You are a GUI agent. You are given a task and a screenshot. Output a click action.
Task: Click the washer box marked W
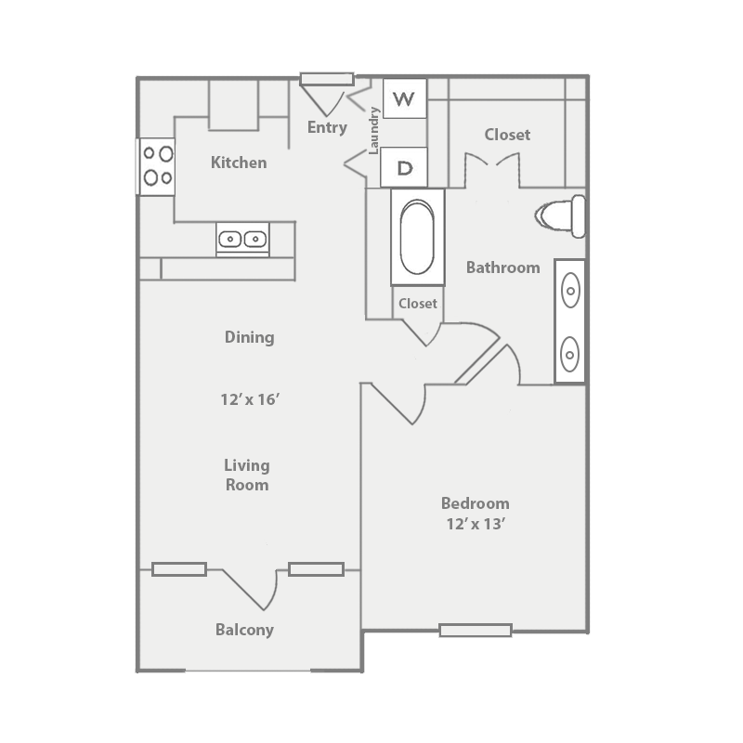coord(404,98)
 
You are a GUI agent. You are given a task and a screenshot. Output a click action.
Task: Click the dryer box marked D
coord(404,168)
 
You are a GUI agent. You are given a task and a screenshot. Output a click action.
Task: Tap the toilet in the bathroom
coord(564,215)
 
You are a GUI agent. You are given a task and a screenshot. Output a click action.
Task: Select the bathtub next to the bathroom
coord(417,238)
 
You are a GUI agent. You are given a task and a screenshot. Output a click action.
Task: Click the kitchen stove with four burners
coord(156,165)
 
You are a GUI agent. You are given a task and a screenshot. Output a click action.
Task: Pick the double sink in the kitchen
coord(242,239)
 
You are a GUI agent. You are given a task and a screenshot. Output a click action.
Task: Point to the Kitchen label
coord(239,163)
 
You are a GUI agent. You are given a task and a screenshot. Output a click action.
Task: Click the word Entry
coord(327,127)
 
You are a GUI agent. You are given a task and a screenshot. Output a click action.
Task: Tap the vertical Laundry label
coord(374,130)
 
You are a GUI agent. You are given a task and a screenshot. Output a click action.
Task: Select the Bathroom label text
coord(502,267)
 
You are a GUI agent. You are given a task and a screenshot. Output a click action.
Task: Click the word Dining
coord(249,337)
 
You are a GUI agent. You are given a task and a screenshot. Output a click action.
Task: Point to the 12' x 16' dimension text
coord(250,400)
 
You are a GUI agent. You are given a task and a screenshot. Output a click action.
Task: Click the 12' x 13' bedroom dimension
coord(476,524)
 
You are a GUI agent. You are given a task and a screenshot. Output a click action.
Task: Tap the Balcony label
coord(244,630)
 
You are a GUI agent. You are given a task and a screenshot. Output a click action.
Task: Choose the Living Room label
coord(247,475)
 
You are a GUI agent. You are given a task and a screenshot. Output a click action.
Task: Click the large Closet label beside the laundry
coord(507,135)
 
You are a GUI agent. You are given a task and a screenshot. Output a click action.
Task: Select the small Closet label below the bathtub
coord(417,304)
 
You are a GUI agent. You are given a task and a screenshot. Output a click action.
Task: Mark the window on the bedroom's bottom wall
coord(475,631)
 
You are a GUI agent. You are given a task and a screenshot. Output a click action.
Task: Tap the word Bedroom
coord(475,503)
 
